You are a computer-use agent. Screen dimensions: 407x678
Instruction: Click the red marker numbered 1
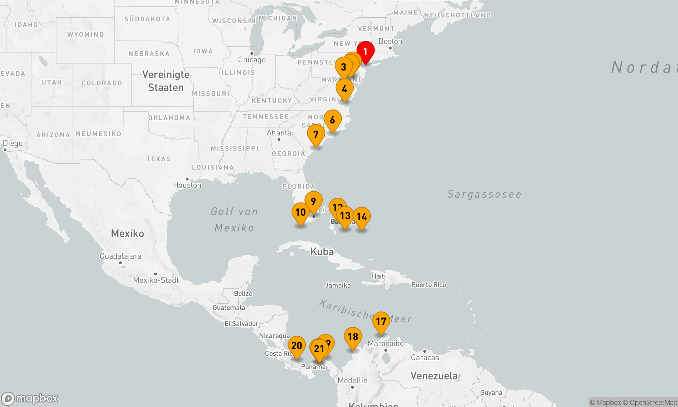[x=365, y=52]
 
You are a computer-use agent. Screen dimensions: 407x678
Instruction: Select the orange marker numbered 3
[x=343, y=67]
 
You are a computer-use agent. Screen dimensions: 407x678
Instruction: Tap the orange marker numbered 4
[x=344, y=89]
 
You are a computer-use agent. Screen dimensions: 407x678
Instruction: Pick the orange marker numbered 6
[x=333, y=120]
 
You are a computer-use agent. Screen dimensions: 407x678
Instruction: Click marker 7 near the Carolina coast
[x=316, y=135]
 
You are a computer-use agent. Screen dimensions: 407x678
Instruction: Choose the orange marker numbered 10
[x=300, y=213]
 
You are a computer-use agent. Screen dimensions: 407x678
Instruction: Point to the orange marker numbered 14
[x=361, y=217]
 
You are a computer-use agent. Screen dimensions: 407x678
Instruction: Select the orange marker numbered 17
[x=381, y=322]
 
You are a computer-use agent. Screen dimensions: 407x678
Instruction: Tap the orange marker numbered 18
[x=353, y=337]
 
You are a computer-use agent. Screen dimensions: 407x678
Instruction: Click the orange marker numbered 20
[x=297, y=346]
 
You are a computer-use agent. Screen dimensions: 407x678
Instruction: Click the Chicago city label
[x=252, y=60]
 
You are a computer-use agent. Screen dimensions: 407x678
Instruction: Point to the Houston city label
[x=187, y=185]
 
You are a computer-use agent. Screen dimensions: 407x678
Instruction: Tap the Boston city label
[x=390, y=41]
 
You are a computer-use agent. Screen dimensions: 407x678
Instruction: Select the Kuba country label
[x=322, y=252]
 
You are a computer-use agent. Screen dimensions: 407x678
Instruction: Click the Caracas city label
[x=425, y=357]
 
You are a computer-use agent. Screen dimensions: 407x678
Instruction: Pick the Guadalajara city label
[x=120, y=256]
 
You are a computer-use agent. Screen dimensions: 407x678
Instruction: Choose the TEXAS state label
[x=158, y=159]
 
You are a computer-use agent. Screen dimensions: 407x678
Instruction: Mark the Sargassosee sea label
[x=484, y=194]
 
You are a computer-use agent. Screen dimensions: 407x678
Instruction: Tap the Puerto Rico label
[x=428, y=285]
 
